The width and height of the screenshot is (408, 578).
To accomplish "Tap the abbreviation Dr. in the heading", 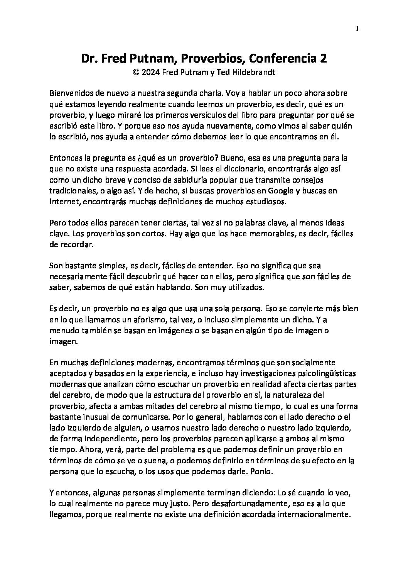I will coord(88,58).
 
